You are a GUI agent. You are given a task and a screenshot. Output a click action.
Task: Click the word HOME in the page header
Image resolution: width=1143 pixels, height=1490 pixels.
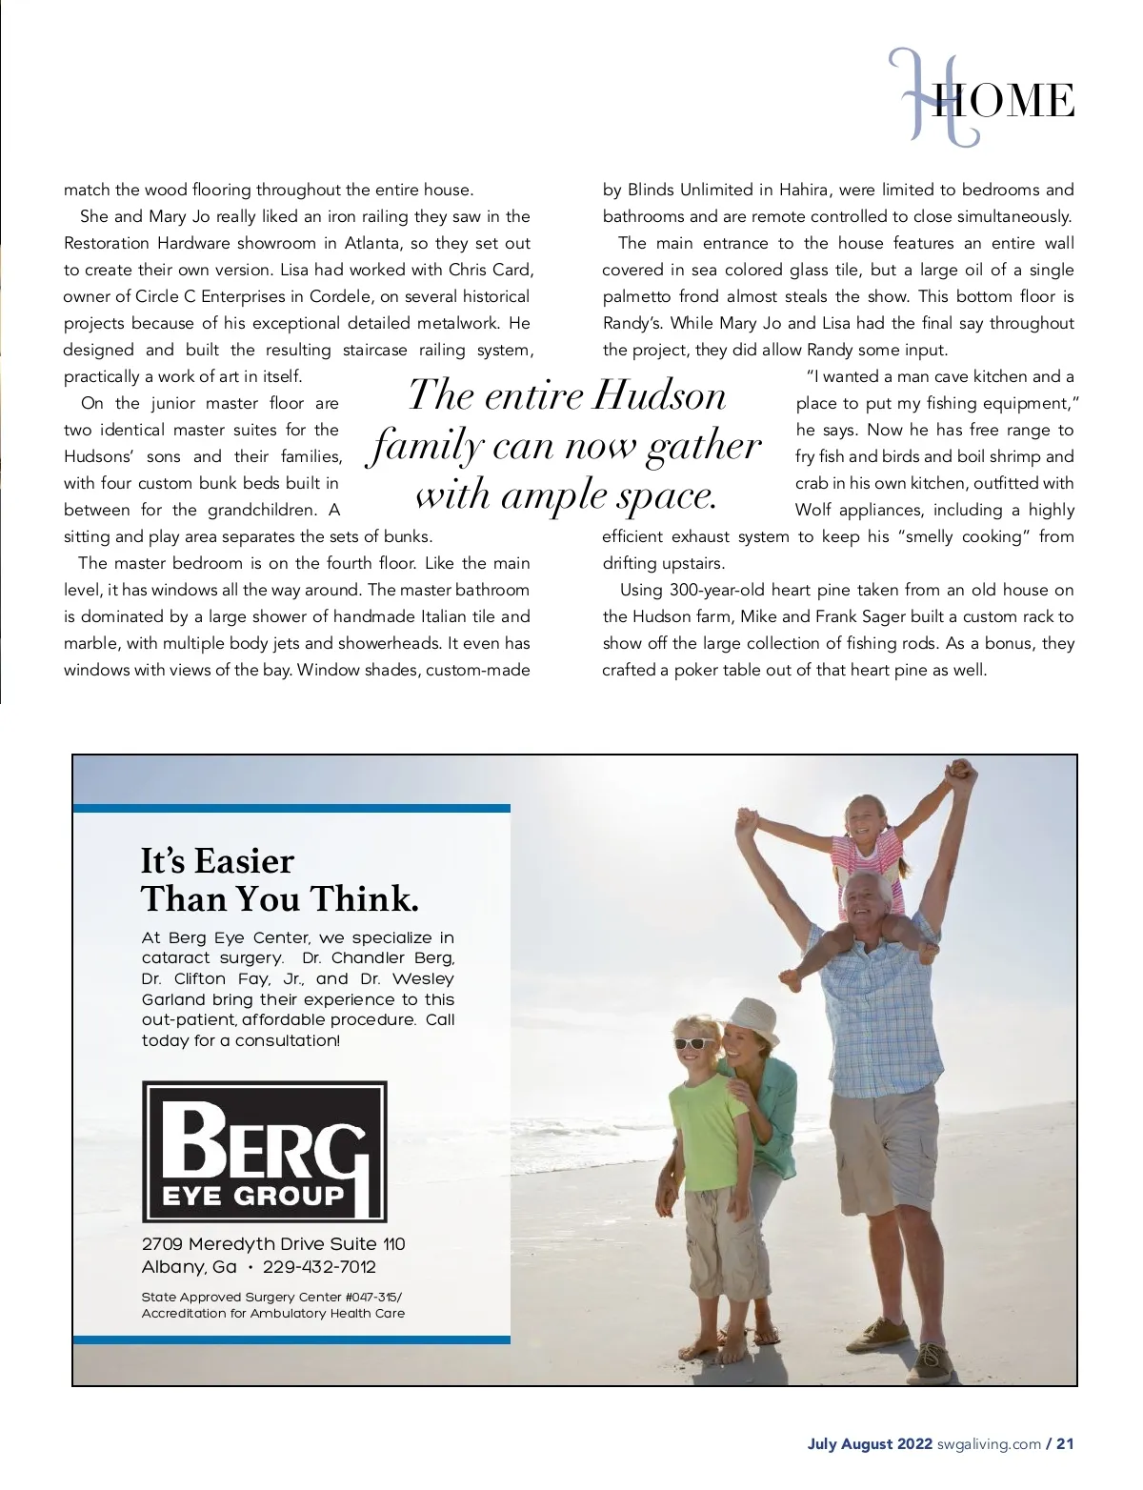pyautogui.click(x=1005, y=101)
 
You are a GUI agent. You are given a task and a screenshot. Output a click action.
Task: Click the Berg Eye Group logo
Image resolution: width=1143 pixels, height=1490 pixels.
pyautogui.click(x=264, y=1151)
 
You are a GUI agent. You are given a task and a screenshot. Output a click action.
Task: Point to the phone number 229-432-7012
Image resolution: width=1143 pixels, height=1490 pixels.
pyautogui.click(x=319, y=1267)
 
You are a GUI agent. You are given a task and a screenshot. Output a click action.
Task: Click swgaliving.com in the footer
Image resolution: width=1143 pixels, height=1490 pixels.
pyautogui.click(x=989, y=1443)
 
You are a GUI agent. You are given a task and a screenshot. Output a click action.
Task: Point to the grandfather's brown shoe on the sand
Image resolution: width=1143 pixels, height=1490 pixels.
pyautogui.click(x=877, y=1331)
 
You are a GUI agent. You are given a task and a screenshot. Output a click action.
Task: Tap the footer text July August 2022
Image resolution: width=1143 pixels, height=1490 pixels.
pyautogui.click(x=870, y=1443)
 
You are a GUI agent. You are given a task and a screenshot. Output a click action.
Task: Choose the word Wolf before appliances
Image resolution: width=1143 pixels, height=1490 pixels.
pyautogui.click(x=812, y=510)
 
